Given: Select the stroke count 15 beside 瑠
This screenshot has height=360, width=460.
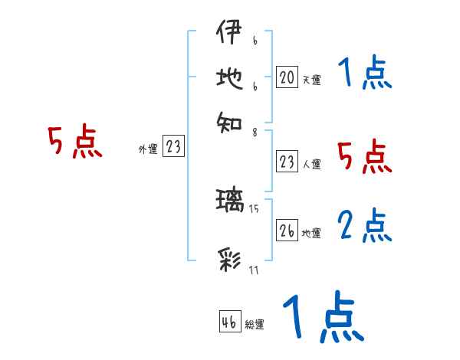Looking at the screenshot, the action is coord(255,208).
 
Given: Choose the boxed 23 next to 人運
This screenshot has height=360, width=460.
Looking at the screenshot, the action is coord(287,162).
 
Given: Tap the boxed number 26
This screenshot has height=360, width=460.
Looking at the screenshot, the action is coord(287,231).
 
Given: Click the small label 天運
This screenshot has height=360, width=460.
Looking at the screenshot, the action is coord(311,80).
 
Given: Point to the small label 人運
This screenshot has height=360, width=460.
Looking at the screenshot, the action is coord(311,164).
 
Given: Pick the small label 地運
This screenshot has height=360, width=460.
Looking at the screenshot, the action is coord(311,234).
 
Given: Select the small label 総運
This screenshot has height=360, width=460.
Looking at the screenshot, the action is coord(255,325).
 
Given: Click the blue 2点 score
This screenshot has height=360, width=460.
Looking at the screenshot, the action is coord(365,226).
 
